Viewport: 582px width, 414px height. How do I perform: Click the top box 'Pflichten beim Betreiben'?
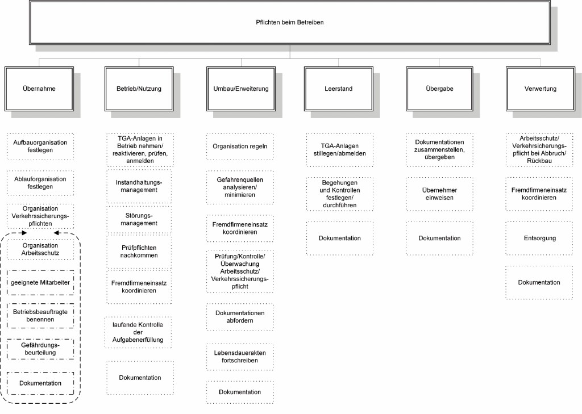[x=290, y=22]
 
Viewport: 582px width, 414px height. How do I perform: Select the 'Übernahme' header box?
[x=39, y=89]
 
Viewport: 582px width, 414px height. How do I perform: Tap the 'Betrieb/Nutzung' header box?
[x=139, y=89]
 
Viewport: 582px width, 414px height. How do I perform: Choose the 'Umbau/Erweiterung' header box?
[x=240, y=89]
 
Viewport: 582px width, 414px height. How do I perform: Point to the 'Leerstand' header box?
[x=339, y=89]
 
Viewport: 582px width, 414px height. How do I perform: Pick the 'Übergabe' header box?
[x=439, y=89]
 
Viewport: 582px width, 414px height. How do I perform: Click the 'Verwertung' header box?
[x=540, y=89]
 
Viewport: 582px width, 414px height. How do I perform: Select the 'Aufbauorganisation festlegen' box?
[x=40, y=147]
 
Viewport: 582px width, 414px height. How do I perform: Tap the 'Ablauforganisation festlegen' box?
[x=40, y=183]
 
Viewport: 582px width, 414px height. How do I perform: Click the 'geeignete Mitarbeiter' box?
[x=40, y=282]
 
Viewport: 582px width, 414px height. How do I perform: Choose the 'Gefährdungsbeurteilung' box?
[x=40, y=348]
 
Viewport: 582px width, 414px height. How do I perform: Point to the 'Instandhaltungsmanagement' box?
[x=139, y=186]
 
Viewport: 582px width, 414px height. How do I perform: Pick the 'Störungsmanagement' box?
[x=139, y=219]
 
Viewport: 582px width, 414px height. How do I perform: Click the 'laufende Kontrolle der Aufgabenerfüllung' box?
[x=139, y=332]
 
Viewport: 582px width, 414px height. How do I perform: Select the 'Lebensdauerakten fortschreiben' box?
[x=240, y=357]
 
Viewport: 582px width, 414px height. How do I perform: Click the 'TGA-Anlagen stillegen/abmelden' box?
[x=339, y=150]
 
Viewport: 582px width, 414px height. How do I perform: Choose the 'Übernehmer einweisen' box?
[x=439, y=194]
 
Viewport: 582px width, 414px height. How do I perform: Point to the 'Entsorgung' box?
[x=539, y=239]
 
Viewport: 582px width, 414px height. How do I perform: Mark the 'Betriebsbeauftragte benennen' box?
[x=40, y=316]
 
